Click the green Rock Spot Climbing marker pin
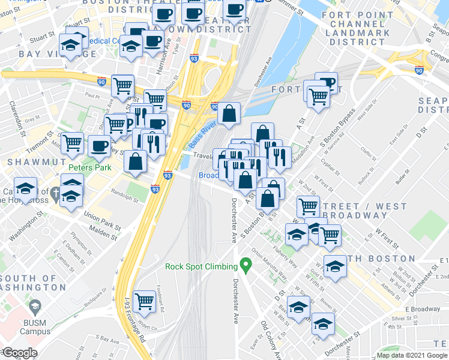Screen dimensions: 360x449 coord(245,264)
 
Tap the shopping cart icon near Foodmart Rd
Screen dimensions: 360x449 coord(145,300)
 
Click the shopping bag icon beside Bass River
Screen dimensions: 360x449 coord(229,113)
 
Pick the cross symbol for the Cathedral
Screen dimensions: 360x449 coord(55,193)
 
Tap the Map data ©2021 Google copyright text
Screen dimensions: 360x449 coord(411,355)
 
